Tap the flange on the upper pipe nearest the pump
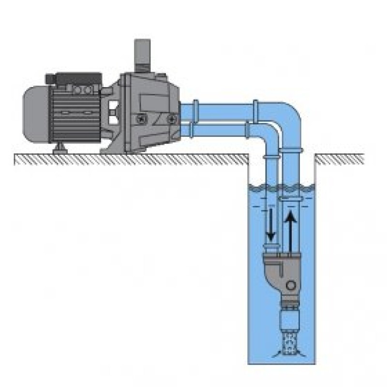coord(195,111)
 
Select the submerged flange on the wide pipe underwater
coord(291,198)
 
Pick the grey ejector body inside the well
coord(281,271)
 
